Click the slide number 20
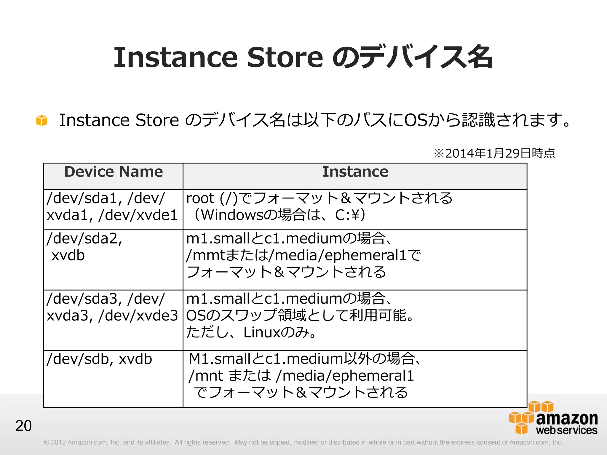[x=23, y=426]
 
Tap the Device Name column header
[x=114, y=172]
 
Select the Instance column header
[x=355, y=172]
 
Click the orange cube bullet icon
[x=42, y=121]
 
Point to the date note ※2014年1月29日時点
[x=494, y=153]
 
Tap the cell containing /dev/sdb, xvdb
[x=99, y=359]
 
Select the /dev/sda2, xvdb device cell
[x=84, y=247]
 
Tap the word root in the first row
[x=200, y=198]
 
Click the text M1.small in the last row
[x=220, y=359]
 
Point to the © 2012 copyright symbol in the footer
[x=46, y=442]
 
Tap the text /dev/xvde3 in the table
[x=138, y=316]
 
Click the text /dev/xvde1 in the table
[x=138, y=215]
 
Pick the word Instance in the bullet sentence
[x=94, y=120]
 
